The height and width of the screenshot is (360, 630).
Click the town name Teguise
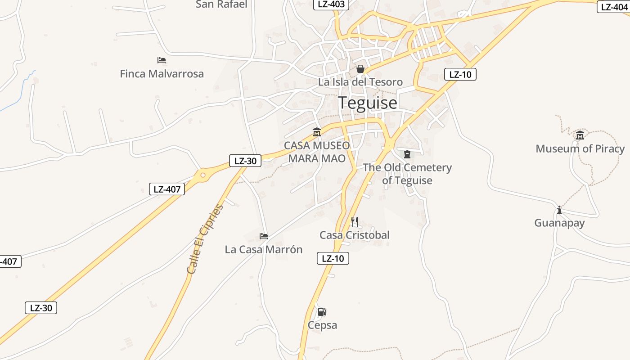(x=368, y=103)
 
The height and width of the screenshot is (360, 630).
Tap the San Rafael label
(x=221, y=4)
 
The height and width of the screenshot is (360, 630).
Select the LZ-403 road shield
(x=331, y=4)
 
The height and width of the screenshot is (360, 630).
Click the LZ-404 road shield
(x=614, y=7)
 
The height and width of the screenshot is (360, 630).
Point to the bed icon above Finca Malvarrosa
(x=162, y=60)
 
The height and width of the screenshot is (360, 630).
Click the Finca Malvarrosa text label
(x=162, y=74)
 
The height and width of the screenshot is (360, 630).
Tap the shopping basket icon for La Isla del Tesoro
(x=360, y=69)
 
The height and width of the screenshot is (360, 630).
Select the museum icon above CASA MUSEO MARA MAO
(x=317, y=132)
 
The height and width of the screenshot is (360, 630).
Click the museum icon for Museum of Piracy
(x=580, y=135)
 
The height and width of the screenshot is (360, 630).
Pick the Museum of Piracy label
(x=580, y=148)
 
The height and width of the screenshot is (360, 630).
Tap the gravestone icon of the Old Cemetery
(x=407, y=154)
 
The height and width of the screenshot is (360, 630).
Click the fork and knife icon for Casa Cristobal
(x=355, y=221)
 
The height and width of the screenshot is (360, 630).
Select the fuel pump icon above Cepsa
(x=322, y=312)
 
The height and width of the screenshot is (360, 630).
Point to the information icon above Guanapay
(x=559, y=210)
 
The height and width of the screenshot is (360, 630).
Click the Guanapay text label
(x=559, y=223)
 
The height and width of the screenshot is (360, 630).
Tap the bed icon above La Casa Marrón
(x=264, y=236)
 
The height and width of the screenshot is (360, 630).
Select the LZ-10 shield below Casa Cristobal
(x=333, y=258)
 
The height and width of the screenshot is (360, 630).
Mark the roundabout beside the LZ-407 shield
(x=203, y=175)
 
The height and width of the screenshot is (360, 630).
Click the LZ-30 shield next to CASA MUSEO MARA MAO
(x=245, y=161)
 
